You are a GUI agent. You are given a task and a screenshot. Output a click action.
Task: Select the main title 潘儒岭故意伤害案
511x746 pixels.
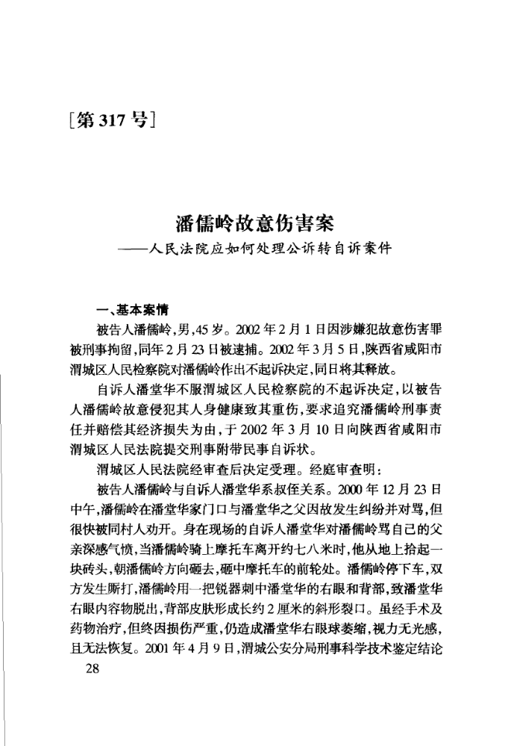pyautogui.click(x=254, y=223)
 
